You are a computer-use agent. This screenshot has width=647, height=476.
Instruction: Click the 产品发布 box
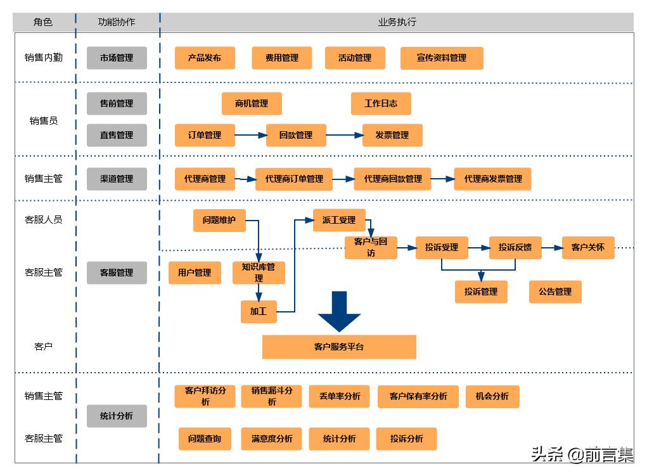pyautogui.click(x=205, y=58)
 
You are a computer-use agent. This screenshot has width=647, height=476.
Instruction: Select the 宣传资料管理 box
pyautogui.click(x=442, y=58)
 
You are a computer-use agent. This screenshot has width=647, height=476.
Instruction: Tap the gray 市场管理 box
pyautogui.click(x=117, y=58)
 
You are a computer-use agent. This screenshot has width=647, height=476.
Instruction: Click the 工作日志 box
pyautogui.click(x=381, y=103)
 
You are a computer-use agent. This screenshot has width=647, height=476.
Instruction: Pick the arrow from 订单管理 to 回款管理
pyautogui.click(x=250, y=135)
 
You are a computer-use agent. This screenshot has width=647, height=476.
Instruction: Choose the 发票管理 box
pyautogui.click(x=392, y=135)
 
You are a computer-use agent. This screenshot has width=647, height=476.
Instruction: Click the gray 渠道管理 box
pyautogui.click(x=117, y=179)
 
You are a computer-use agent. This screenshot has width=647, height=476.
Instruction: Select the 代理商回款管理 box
pyautogui.click(x=393, y=179)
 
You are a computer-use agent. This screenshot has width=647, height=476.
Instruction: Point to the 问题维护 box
pyautogui.click(x=219, y=220)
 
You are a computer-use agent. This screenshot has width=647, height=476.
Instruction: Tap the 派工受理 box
pyautogui.click(x=339, y=220)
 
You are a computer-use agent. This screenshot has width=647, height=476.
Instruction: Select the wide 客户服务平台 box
pyautogui.click(x=339, y=347)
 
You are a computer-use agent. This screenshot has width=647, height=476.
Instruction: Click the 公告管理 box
pyautogui.click(x=555, y=292)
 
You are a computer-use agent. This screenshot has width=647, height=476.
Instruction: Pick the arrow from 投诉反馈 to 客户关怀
pyautogui.click(x=551, y=247)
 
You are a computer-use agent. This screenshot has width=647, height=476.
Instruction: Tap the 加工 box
pyautogui.click(x=259, y=311)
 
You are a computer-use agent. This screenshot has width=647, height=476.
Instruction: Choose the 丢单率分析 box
pyautogui.click(x=339, y=396)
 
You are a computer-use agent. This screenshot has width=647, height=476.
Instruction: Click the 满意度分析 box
pyautogui.click(x=272, y=439)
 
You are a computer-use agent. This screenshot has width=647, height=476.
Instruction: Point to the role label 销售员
pyautogui.click(x=44, y=120)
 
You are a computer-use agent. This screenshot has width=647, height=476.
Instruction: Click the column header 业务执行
pyautogui.click(x=397, y=22)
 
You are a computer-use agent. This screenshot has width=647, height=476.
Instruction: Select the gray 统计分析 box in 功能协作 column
pyautogui.click(x=117, y=416)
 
